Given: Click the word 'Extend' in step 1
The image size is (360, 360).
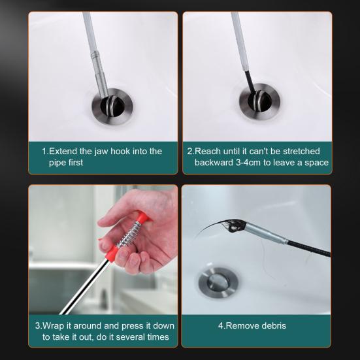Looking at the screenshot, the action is coord(63,152).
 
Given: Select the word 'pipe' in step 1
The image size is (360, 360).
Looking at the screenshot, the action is coord(57,163).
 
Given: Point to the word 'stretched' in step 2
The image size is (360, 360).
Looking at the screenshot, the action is coord(301,152).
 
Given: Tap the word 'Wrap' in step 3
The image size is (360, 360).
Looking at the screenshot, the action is coord(53,326).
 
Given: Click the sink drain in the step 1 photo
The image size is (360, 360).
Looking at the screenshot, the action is coord(112,107).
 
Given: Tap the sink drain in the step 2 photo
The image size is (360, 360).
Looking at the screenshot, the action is coord(259,101).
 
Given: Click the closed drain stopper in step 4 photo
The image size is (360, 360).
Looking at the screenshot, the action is coord(218,283).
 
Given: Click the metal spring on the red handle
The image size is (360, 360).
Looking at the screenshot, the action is coord(129,234).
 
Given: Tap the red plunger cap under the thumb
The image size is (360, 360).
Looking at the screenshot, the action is coord(143,217).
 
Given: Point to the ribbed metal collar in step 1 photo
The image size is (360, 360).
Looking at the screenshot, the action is coord(95,56).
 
